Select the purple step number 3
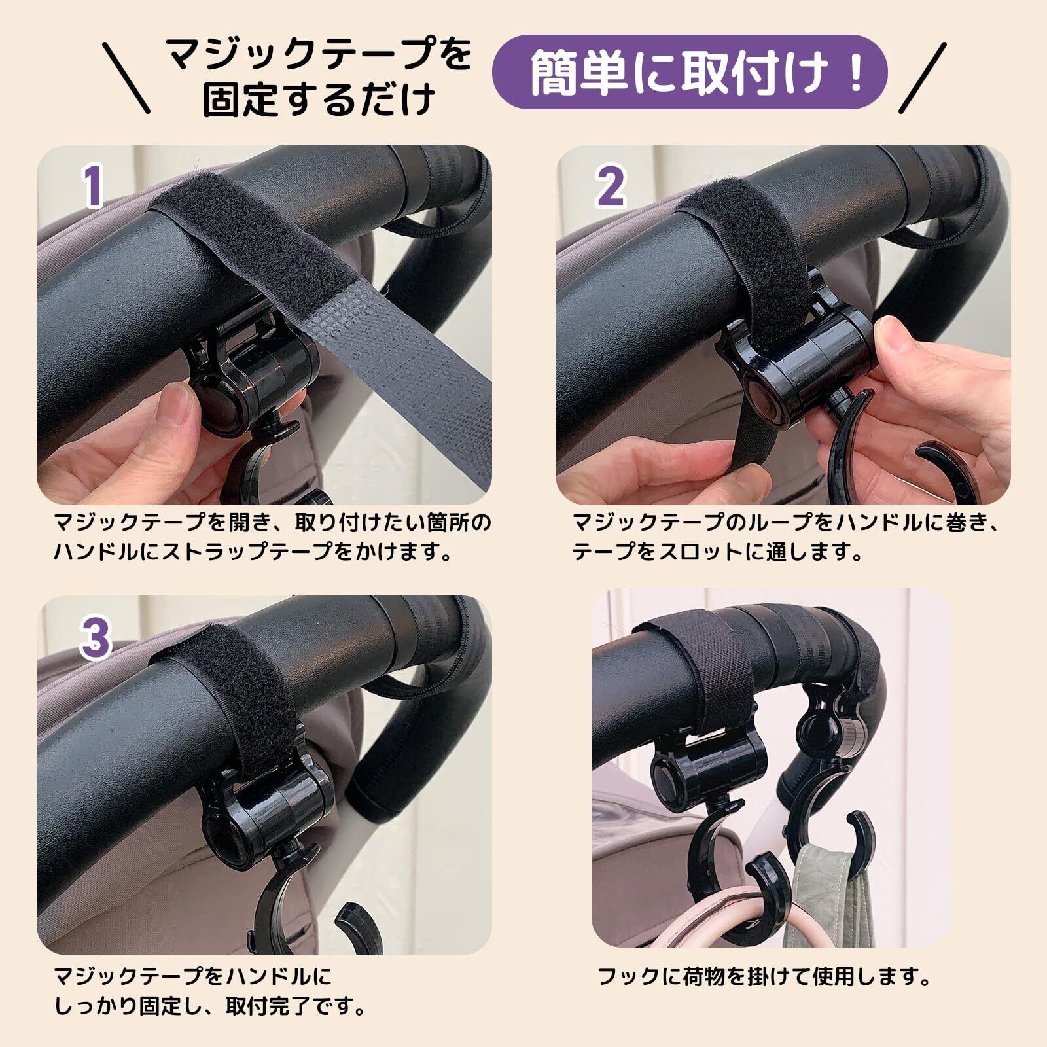[96, 638]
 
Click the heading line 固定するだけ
[319, 99]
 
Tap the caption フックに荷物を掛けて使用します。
[764, 978]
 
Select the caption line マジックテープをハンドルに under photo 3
[193, 978]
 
